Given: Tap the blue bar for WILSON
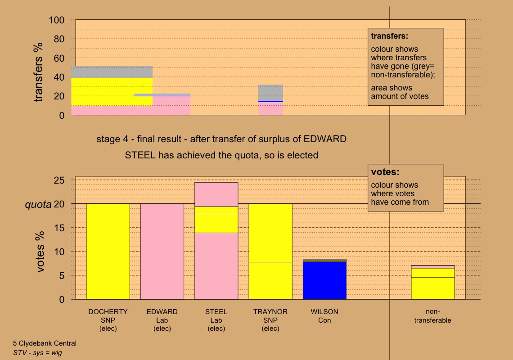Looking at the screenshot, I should pos(324,280).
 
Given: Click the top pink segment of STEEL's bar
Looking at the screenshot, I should pos(216,194).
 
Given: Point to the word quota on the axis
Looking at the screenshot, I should pos(37,204).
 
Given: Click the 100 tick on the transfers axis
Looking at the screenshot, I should pos(57,20).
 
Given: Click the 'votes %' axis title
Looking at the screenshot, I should pos(40,252).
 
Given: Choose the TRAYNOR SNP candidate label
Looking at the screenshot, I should pos(270,320).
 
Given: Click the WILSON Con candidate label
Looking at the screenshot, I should pos(324,316).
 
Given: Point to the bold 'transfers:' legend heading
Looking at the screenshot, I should pos(389,36).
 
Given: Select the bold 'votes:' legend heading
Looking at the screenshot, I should pos(385,172).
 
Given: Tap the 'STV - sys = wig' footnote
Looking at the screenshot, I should pos(37,353).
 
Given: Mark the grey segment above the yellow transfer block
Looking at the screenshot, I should pos(112,72).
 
